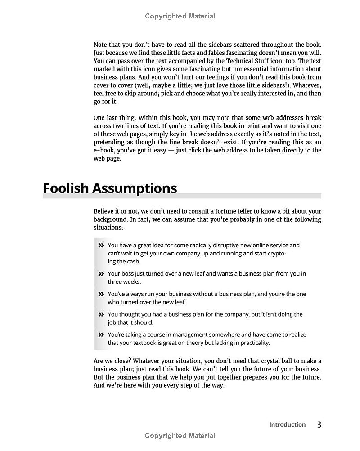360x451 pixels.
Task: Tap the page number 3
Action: click(x=319, y=424)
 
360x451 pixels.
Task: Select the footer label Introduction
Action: click(x=287, y=424)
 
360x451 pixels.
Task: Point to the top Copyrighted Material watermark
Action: click(x=180, y=16)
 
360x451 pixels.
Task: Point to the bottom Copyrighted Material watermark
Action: click(x=180, y=436)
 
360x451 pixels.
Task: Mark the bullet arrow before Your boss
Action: click(x=101, y=273)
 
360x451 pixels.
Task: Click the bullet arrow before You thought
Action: click(x=101, y=314)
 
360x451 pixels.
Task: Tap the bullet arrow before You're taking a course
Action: click(x=101, y=335)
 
